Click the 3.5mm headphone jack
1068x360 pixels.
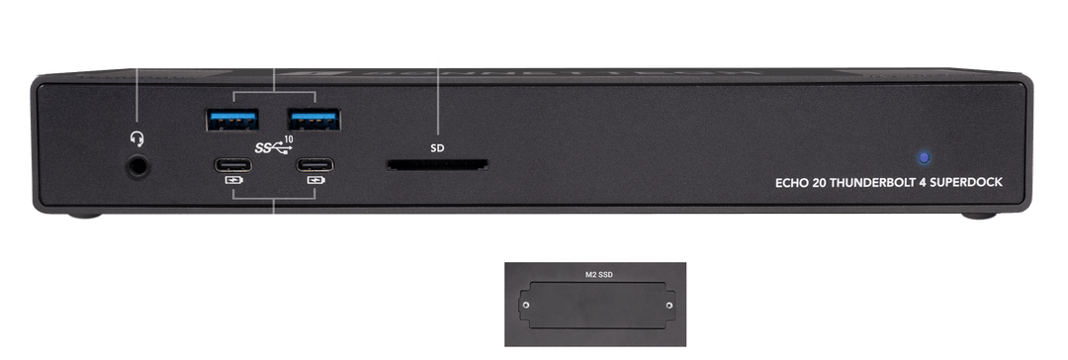(x=138, y=166)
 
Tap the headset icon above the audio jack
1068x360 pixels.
(x=136, y=139)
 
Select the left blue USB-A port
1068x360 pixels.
(x=232, y=120)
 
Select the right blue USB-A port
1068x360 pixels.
(x=314, y=120)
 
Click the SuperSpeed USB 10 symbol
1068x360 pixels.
(x=274, y=145)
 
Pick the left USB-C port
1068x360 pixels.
(x=233, y=165)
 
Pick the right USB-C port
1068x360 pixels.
(x=314, y=165)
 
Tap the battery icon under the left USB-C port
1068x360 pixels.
(x=233, y=181)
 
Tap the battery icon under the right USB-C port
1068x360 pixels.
(x=315, y=181)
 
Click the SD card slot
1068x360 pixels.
(x=437, y=165)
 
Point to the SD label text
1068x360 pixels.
(x=437, y=147)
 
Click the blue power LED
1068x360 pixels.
(x=925, y=157)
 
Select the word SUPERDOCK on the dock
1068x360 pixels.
(x=971, y=183)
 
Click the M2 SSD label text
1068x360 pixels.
(x=599, y=275)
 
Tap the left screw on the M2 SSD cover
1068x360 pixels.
(x=525, y=306)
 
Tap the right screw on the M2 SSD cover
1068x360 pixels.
(x=669, y=306)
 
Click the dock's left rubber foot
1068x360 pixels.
(x=84, y=216)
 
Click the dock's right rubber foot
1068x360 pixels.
(x=979, y=216)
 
